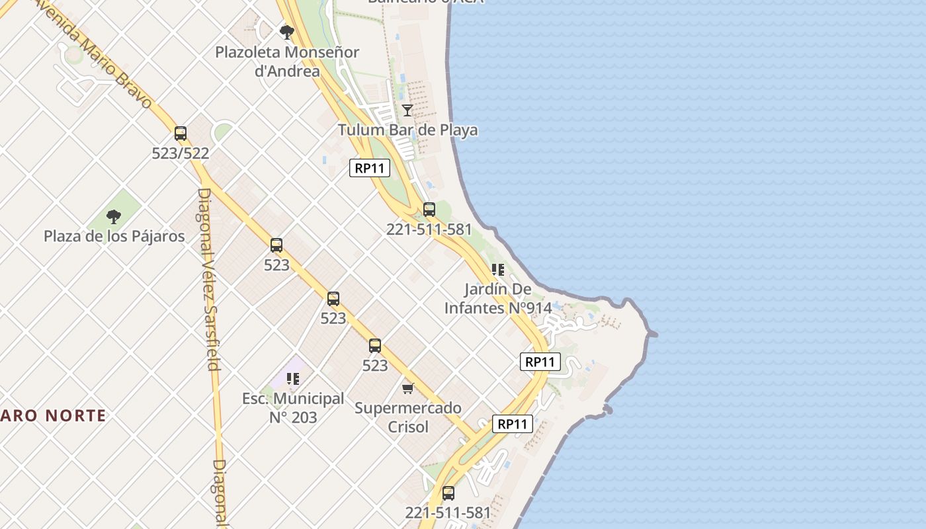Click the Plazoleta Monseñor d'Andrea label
pos(287,61)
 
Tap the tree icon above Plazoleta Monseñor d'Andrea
pos(287,32)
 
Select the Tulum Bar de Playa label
pos(407,130)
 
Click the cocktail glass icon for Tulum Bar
pos(407,110)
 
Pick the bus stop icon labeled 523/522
pos(181,133)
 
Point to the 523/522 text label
pos(181,153)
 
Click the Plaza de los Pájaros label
pos(114,236)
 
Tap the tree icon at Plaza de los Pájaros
pos(114,216)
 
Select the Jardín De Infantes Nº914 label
pos(498,298)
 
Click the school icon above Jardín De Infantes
pos(498,269)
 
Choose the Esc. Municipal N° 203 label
pos(293,408)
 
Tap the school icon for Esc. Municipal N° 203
pos(293,378)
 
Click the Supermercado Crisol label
pos(408,417)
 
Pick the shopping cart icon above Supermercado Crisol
pos(408,388)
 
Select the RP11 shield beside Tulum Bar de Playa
pos(370,168)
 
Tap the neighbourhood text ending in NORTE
pos(53,415)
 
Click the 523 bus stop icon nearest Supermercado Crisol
pos(375,345)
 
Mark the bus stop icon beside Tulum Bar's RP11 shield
pos(429,210)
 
